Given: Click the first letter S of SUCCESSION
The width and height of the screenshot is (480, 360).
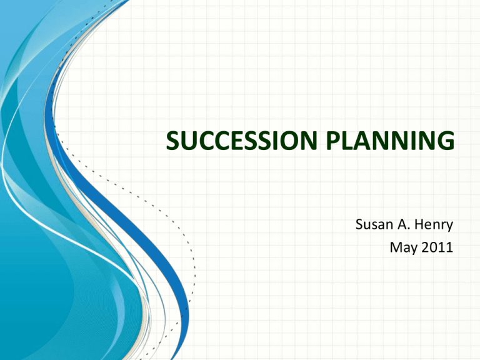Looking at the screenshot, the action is point(173,141).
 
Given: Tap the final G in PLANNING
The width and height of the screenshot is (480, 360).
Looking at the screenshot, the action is point(446,141).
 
